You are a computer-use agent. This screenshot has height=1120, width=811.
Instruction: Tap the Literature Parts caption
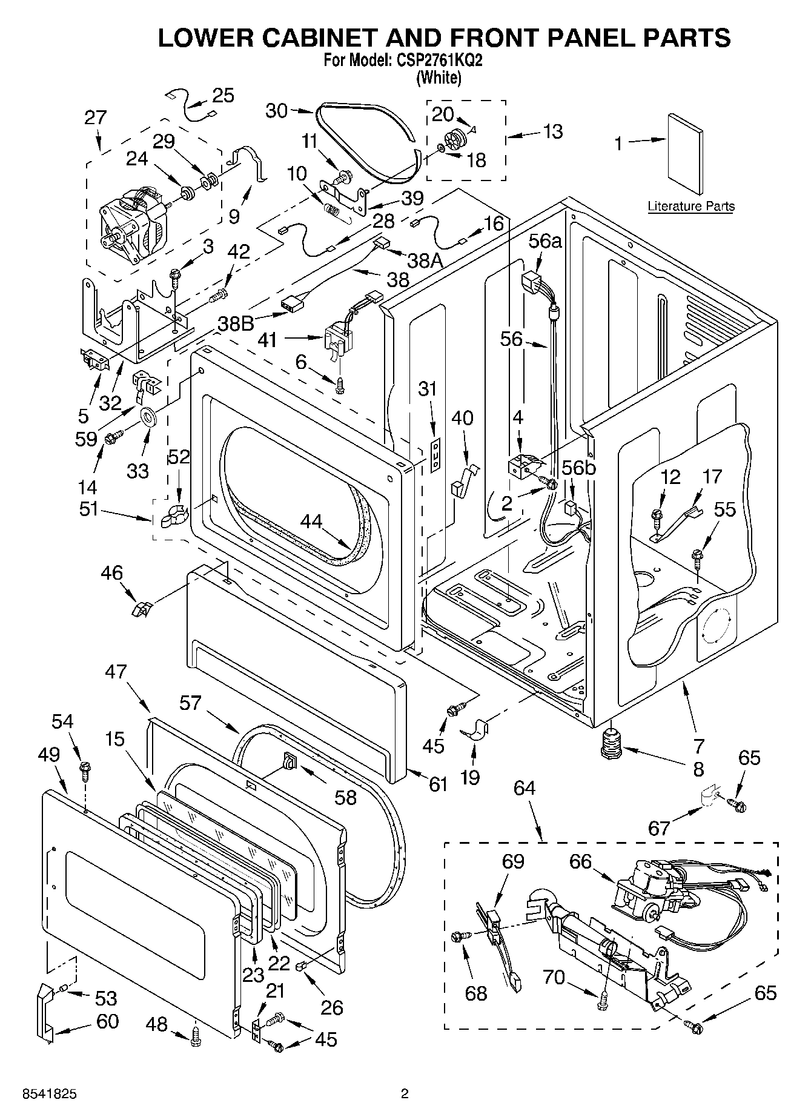690,207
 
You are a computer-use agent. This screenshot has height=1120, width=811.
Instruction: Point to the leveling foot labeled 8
609,743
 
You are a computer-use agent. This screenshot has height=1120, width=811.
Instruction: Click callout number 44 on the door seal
311,521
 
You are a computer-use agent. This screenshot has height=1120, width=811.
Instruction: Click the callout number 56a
545,241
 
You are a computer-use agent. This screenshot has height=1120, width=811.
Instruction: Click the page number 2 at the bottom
405,1093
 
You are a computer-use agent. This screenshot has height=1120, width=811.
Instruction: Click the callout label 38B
236,324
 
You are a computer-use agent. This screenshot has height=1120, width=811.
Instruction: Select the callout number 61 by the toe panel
438,784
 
